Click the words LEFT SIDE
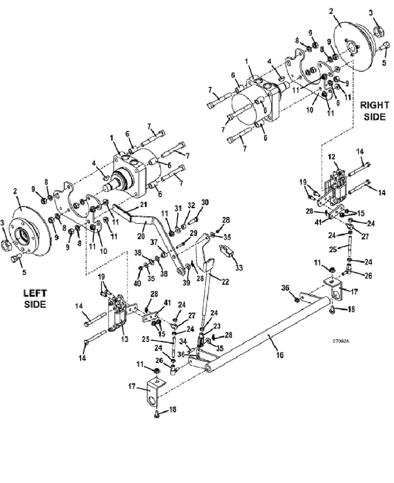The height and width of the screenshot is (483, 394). (x=35, y=298)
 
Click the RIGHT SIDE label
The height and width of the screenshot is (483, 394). (x=374, y=111)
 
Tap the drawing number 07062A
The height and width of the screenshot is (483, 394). (x=341, y=341)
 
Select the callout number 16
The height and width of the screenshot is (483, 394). (x=279, y=355)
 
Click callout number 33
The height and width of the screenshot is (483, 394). (x=239, y=267)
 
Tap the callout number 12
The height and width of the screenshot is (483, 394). (x=331, y=157)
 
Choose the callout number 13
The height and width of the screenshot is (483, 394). (x=124, y=339)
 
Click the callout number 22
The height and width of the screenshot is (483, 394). (x=226, y=281)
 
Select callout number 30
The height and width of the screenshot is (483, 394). (x=205, y=203)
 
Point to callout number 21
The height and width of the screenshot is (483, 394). (x=144, y=204)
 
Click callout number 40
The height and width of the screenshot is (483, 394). (x=137, y=282)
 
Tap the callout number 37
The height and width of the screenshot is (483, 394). (x=154, y=243)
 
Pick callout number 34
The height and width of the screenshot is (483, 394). (x=183, y=341)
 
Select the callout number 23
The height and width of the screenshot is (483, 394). (x=217, y=326)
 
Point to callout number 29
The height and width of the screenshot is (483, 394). (x=194, y=233)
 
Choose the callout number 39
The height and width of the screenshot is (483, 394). (x=186, y=283)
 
